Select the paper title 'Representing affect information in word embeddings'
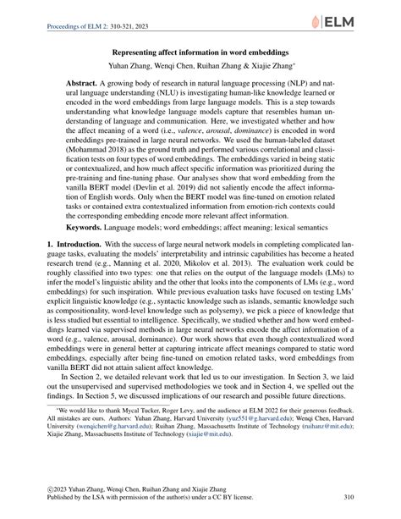click(x=200, y=58)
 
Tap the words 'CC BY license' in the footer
click(x=263, y=500)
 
